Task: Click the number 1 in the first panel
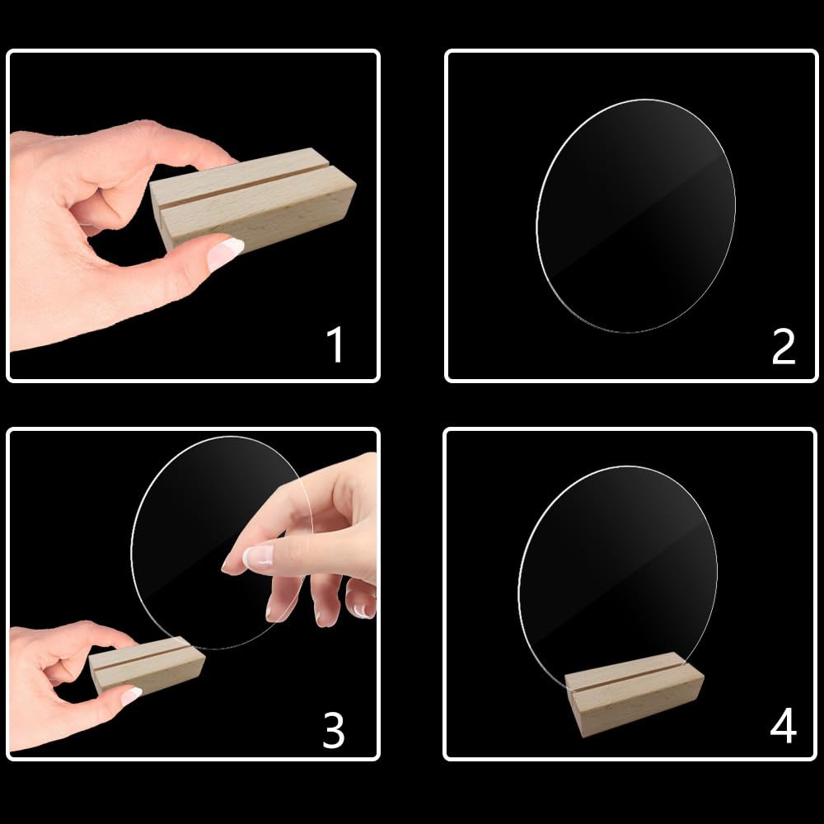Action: click(x=335, y=345)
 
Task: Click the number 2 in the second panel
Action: click(x=783, y=347)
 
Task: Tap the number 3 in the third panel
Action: click(x=333, y=729)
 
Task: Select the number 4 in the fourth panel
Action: click(x=783, y=727)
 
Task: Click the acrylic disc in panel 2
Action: click(x=634, y=216)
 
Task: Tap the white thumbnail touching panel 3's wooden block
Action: click(x=130, y=695)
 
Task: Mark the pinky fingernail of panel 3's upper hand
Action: click(x=360, y=611)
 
